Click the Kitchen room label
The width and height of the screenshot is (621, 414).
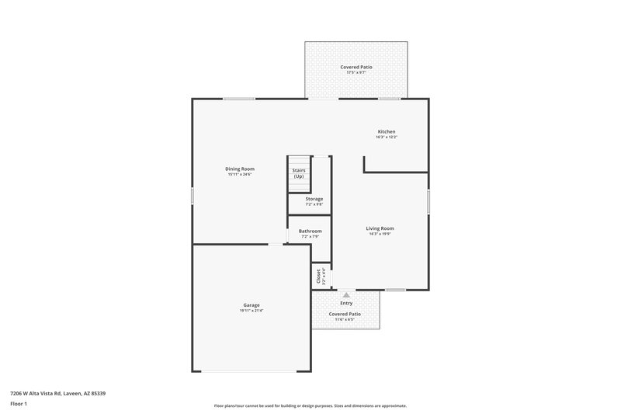coord(387,131)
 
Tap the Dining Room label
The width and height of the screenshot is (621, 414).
coord(240,169)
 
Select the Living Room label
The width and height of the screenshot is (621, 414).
coord(380,228)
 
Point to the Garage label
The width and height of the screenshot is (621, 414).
coord(251,305)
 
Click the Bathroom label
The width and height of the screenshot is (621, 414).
coord(310,231)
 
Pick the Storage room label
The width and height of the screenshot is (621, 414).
coord(314,199)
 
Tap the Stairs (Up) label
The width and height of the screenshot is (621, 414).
coord(299,172)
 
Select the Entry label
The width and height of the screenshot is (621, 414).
coord(345,303)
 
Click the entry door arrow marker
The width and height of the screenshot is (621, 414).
coord(345,295)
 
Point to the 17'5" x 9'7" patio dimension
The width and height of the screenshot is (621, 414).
coord(356,72)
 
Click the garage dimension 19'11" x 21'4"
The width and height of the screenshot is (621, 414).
coord(251,311)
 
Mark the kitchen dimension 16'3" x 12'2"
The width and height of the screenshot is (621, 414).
coord(387,137)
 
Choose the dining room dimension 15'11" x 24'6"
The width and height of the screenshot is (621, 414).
coord(240,174)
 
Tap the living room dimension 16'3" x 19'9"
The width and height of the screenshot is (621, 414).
coord(380,234)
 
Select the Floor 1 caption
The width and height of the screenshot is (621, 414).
coord(19,405)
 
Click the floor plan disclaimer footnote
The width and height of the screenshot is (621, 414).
coord(310,405)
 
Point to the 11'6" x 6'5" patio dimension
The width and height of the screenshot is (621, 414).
coord(344,319)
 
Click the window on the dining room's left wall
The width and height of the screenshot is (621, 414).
coord(193,196)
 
